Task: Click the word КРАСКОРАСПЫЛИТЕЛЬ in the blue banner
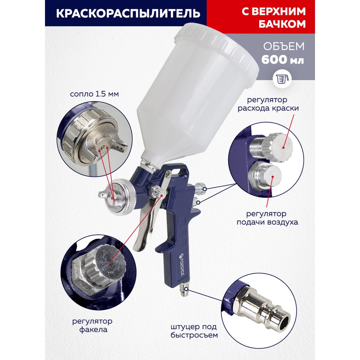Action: click(128, 13)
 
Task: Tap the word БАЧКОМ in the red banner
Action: click(282, 24)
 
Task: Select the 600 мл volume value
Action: click(283, 60)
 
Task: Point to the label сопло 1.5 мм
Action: click(94, 94)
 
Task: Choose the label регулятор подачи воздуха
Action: click(267, 218)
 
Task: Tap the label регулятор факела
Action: click(93, 325)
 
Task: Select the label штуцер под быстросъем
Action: click(194, 331)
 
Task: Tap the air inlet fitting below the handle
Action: click(185, 289)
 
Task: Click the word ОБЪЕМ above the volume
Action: click(284, 46)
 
